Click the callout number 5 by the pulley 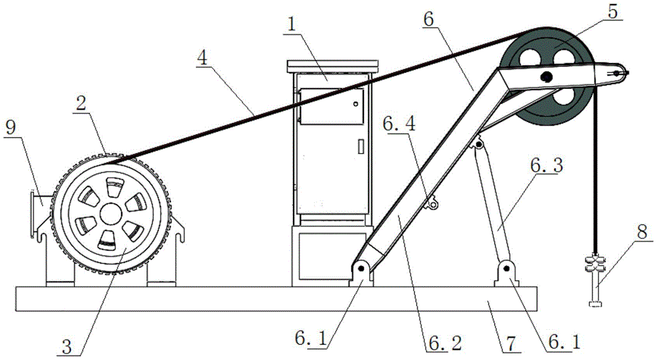click(612, 12)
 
